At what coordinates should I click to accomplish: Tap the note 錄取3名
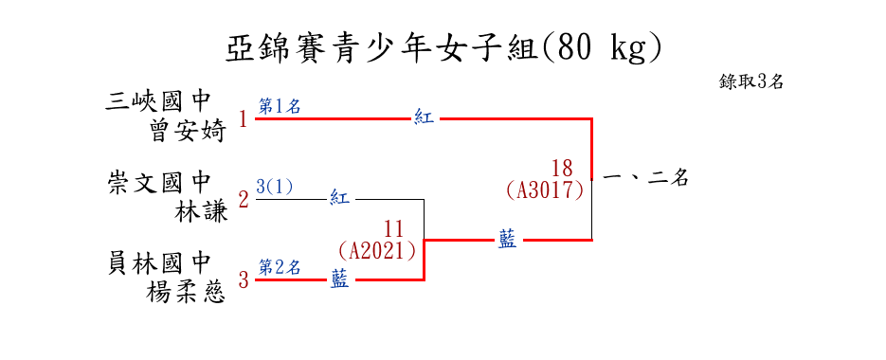(x=750, y=82)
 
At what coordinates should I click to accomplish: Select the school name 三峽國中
(x=157, y=103)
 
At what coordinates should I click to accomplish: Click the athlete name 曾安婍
(x=189, y=132)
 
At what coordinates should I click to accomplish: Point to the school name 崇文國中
(x=159, y=183)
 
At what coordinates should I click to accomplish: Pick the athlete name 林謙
(x=202, y=212)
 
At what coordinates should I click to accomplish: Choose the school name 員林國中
(x=159, y=263)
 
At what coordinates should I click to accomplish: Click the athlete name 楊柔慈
(x=186, y=293)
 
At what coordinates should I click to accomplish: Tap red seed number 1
(x=244, y=119)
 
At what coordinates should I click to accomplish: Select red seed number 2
(x=244, y=200)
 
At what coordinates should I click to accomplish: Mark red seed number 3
(x=244, y=279)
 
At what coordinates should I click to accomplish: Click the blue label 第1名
(x=280, y=107)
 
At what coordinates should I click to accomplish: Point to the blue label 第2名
(x=280, y=267)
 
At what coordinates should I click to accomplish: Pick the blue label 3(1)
(x=274, y=187)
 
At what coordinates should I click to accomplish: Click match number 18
(x=562, y=169)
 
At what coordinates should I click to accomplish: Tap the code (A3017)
(x=545, y=190)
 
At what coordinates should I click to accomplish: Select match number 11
(x=394, y=229)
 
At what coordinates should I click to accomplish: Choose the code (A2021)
(x=377, y=250)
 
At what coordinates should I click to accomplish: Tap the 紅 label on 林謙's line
(x=339, y=199)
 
